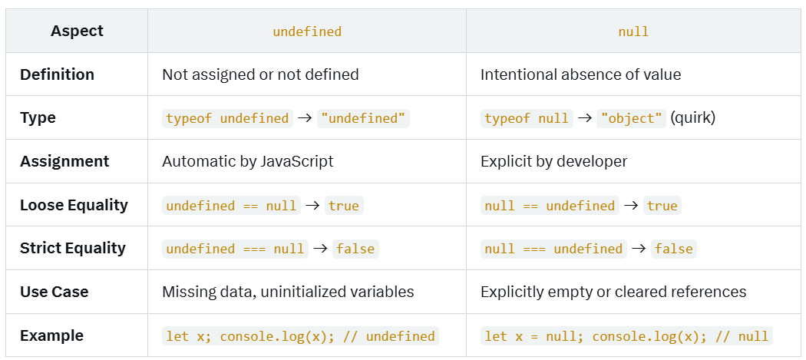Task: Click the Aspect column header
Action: (77, 31)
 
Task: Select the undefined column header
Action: (307, 31)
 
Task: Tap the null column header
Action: (633, 31)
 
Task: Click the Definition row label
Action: (57, 74)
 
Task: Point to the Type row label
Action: (38, 118)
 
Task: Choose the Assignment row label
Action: (64, 161)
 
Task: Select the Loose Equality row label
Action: (74, 205)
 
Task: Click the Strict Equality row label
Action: (73, 248)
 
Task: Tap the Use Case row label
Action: (54, 292)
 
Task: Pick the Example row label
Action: (51, 335)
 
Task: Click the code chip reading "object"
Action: (632, 118)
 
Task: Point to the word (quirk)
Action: (692, 118)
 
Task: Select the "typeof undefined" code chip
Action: (227, 118)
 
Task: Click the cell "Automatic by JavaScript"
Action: (248, 161)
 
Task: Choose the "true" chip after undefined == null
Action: (343, 206)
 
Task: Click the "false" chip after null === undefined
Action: (673, 249)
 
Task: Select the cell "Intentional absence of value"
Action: (580, 74)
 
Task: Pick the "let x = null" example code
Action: (626, 336)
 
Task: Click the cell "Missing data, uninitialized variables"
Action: (288, 292)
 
